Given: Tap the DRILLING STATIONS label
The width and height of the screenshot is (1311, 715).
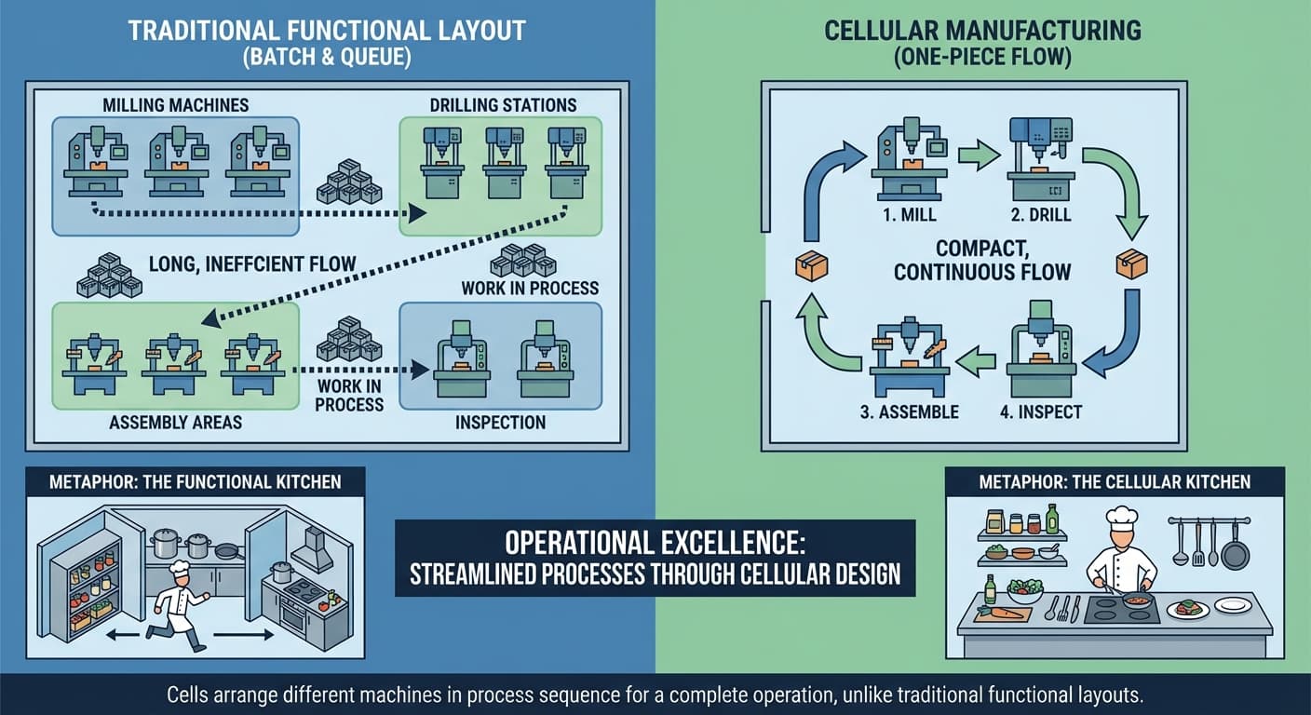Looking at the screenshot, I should click(x=503, y=105).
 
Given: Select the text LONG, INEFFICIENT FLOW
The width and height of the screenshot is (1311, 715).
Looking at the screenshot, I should click(x=252, y=264).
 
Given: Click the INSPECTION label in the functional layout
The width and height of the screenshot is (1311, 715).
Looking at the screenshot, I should click(x=500, y=422).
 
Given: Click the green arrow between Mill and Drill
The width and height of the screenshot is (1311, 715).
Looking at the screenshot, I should click(x=978, y=155).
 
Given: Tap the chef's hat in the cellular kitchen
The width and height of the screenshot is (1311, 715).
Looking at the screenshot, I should click(x=1121, y=517).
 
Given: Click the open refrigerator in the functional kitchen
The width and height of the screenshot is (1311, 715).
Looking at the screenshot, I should click(x=84, y=582).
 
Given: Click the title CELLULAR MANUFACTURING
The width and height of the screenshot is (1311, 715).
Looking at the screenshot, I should click(x=981, y=30).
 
